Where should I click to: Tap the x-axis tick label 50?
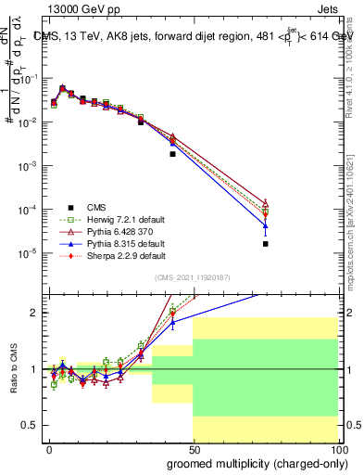tap(194, 449)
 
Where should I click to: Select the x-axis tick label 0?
tap(49, 449)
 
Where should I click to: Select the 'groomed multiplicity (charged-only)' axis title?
tap(253, 463)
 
